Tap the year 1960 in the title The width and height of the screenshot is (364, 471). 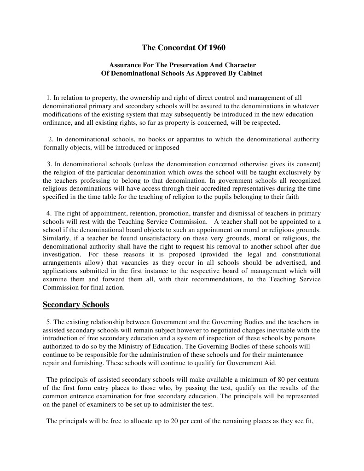coord(217,47)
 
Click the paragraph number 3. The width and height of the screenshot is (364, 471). coord(49,164)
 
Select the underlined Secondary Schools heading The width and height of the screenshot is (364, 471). coord(76,305)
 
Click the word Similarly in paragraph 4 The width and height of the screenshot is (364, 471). coord(57,238)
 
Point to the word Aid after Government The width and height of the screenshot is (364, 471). coord(269,363)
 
